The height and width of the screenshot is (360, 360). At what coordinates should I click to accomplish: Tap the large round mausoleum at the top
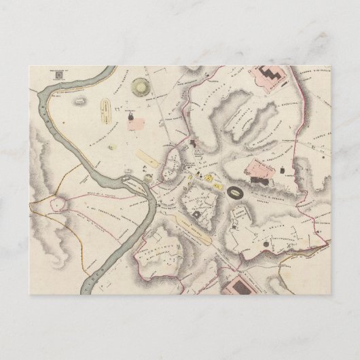(x=143, y=88)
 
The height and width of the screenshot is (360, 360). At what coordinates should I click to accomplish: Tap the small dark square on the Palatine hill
(x=196, y=213)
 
